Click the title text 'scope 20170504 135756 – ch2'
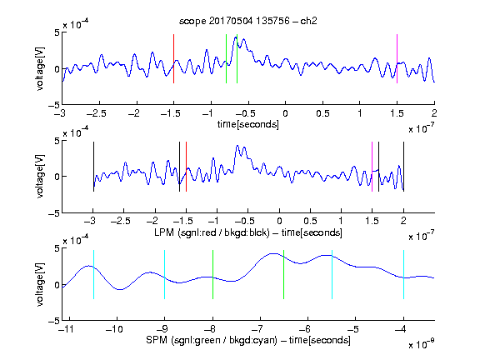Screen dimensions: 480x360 [248, 21]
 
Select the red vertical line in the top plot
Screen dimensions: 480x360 [174, 58]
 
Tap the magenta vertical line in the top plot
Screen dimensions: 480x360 [397, 58]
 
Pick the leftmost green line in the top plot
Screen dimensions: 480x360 [226, 58]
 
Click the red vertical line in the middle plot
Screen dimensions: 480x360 [186, 167]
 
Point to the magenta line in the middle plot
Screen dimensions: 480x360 [372, 167]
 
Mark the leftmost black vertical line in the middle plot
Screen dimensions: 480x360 [93, 167]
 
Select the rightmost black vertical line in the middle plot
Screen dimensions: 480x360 [403, 167]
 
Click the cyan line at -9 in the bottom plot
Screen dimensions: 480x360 [165, 274]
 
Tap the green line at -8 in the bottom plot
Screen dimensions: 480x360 [212, 274]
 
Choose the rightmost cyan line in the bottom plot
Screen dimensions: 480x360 [403, 274]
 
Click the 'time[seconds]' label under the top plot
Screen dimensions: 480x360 [248, 124]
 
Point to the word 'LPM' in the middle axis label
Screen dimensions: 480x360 [164, 232]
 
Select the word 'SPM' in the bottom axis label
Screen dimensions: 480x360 [157, 340]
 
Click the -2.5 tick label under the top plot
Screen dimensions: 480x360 [97, 113]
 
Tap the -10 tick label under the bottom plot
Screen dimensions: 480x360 [114, 329]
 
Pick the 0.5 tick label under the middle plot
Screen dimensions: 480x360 [310, 221]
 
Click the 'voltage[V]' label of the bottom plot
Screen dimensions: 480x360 [40, 284]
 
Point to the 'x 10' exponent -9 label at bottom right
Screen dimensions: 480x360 [422, 343]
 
